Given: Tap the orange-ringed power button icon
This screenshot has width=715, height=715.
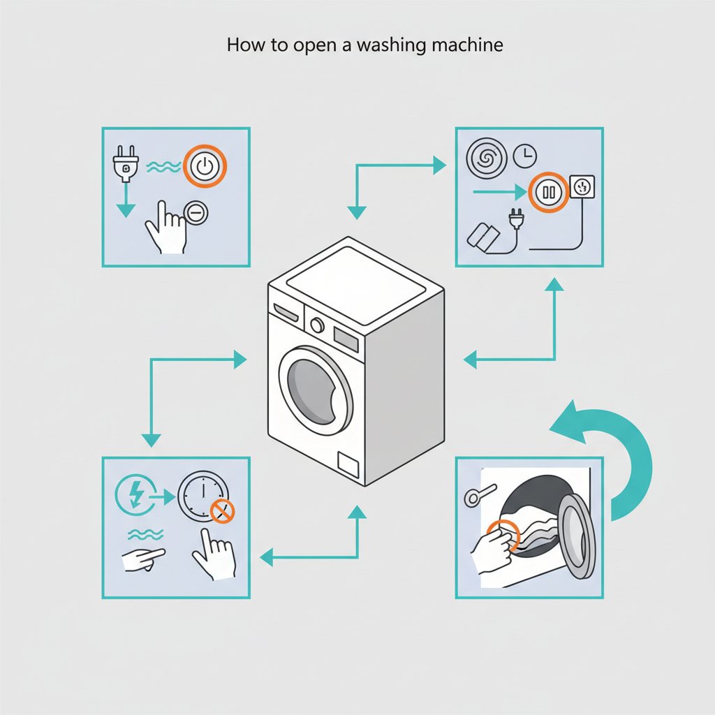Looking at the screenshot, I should [203, 167].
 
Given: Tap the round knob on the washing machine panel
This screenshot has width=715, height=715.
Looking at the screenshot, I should [317, 325].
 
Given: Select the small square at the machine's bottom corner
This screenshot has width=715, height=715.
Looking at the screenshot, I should [347, 464].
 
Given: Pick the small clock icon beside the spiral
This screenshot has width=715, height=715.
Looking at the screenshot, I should [524, 157].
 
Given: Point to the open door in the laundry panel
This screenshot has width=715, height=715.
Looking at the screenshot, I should [577, 535].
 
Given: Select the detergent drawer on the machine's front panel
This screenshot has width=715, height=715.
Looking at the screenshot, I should [285, 312].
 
